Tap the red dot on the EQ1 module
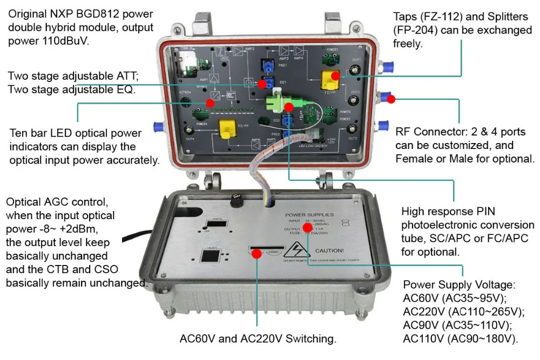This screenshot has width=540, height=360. coord(263,84)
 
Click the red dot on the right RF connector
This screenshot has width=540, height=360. coord(390,99)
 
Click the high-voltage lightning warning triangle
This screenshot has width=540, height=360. coord(298,250)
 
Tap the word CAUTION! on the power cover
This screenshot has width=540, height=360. coord(329,250)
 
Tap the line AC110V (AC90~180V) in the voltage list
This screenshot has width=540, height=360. coord(461,339)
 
